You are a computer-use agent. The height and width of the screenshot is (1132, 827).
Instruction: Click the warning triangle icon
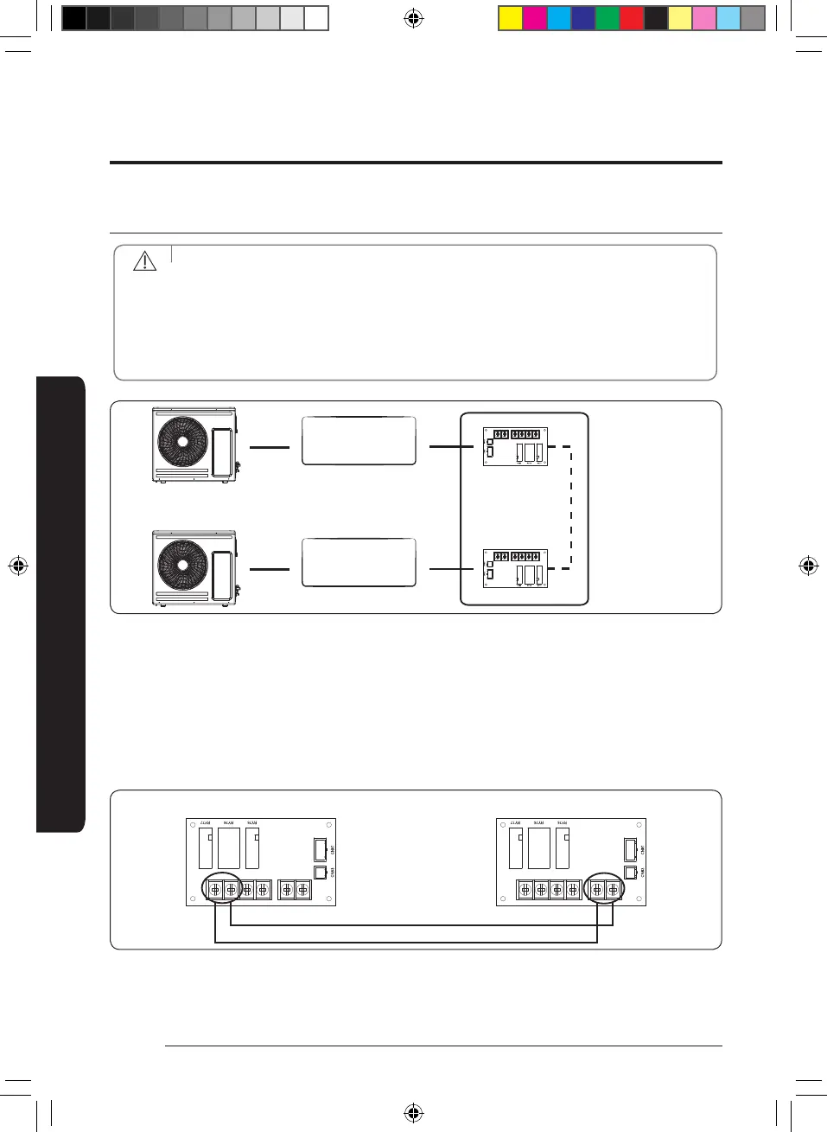coord(144,260)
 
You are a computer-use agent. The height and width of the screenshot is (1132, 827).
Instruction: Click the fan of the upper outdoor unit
coord(183,441)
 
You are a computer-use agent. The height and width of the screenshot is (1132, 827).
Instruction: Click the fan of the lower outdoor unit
coord(183,566)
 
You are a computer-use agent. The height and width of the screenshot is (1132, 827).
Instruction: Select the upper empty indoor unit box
coord(359,441)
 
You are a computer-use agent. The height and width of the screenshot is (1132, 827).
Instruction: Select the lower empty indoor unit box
coord(359,562)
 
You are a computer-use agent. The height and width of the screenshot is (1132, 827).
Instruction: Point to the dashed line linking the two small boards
coord(571,508)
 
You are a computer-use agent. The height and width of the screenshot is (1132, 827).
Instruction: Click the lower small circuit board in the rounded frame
coord(515,569)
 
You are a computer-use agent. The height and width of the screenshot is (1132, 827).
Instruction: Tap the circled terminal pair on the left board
coord(222,888)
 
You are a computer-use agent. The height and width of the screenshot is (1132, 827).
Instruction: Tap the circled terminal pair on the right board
coord(604,888)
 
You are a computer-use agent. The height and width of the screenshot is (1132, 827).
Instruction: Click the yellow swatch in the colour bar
coord(511,18)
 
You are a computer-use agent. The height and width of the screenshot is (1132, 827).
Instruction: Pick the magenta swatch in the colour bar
coord(535,18)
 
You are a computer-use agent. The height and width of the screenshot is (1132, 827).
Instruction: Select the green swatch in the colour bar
coord(608,18)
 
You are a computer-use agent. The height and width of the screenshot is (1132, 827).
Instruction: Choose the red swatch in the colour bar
coord(632,18)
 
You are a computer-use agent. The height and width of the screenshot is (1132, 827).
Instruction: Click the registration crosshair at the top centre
coord(414,18)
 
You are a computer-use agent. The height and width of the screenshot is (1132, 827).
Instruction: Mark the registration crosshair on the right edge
coord(809,566)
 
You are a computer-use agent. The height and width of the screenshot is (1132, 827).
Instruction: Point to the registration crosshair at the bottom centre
coord(414,1112)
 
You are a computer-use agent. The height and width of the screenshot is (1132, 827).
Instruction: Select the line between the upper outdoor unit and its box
coord(269,447)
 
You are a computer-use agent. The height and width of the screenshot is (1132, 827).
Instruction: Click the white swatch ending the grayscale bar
coord(316,18)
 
